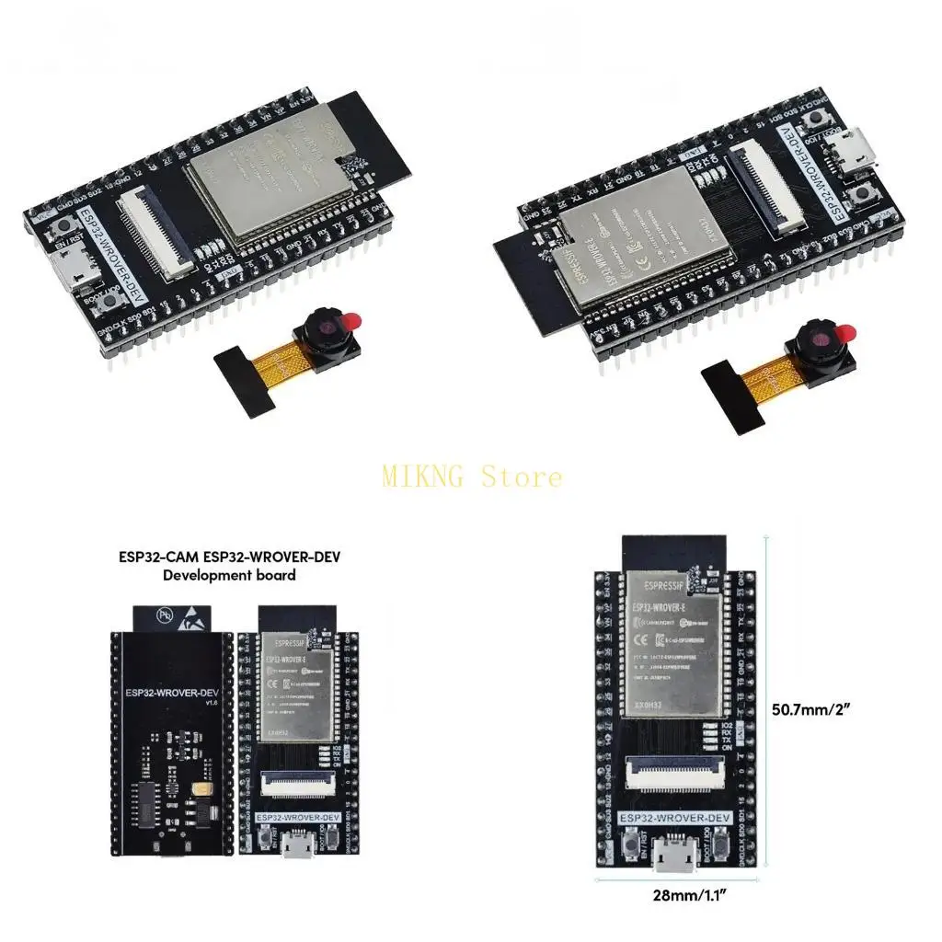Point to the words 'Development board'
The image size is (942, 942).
(229, 576)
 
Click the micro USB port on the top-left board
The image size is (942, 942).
(70, 269)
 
